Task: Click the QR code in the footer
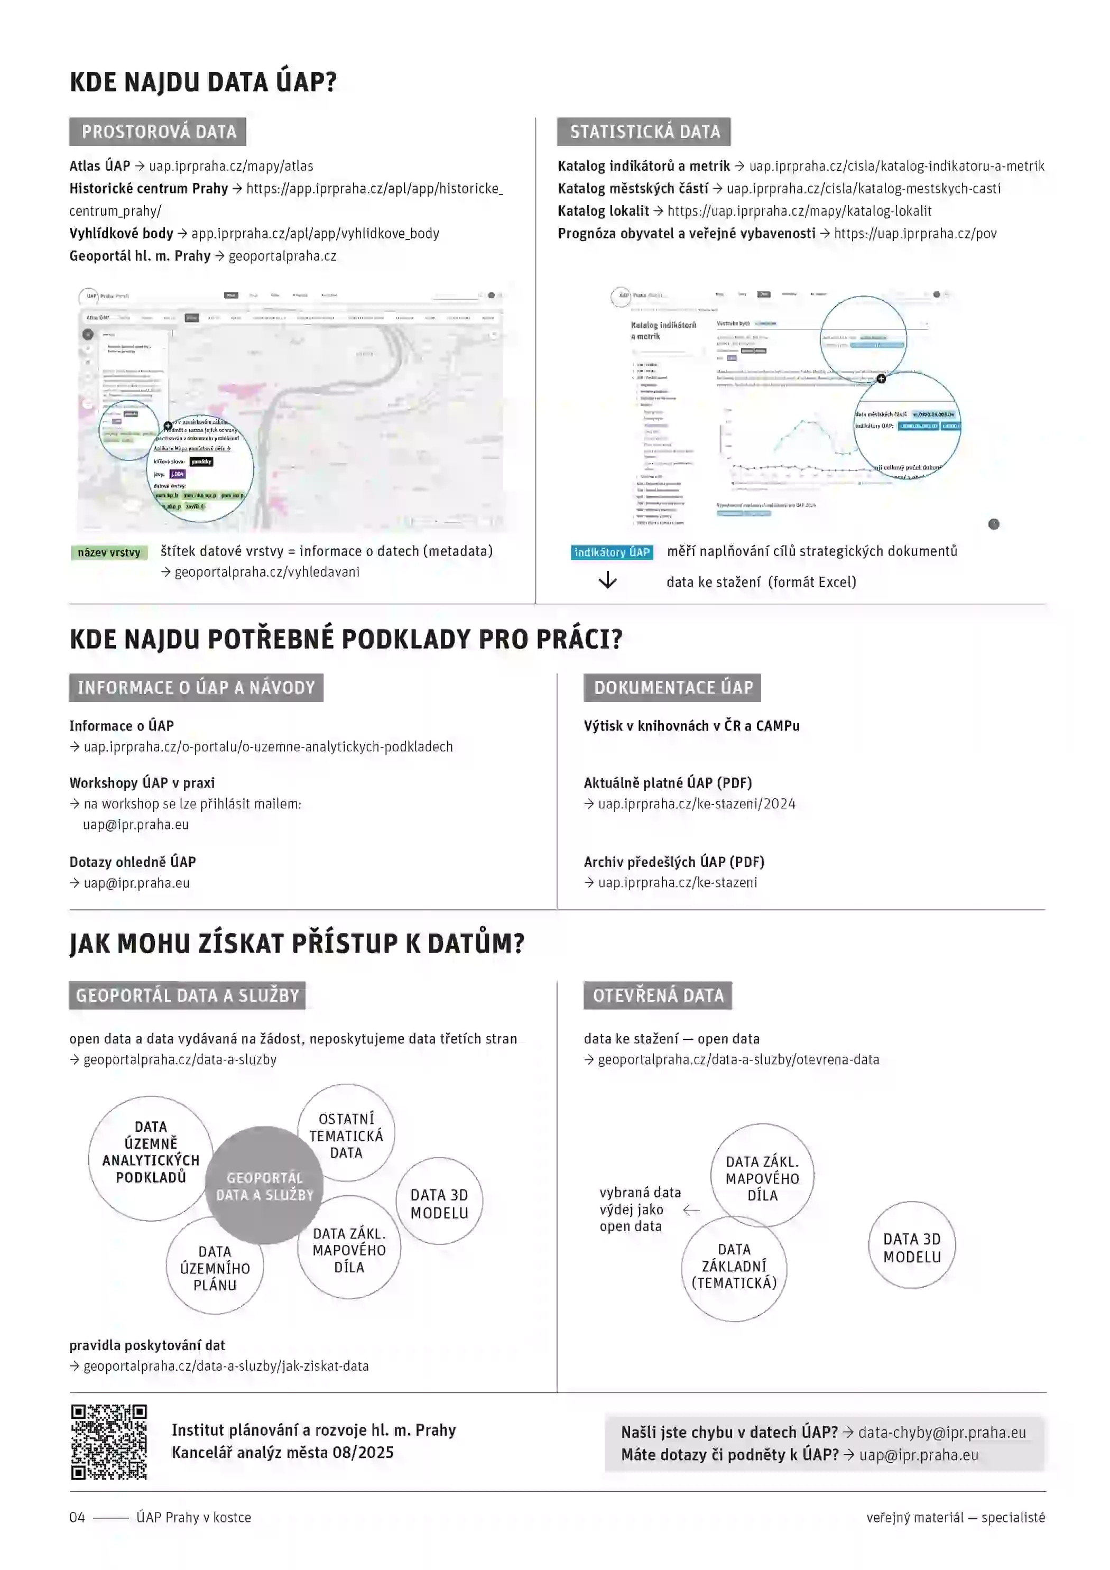tap(109, 1442)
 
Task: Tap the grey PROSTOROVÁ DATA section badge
tap(158, 131)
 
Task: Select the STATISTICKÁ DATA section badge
tap(644, 131)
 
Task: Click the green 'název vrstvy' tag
tap(109, 552)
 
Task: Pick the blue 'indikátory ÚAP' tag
tap(612, 552)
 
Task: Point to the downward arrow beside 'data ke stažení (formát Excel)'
tap(607, 580)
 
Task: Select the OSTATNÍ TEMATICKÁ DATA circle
tap(346, 1135)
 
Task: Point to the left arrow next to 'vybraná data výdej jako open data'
tap(691, 1209)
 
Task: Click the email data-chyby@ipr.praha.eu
tap(942, 1432)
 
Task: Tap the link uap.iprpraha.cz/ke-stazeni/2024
tap(696, 804)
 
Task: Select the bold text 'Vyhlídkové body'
tap(121, 233)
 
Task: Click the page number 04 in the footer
tap(77, 1517)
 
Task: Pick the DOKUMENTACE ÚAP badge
tap(672, 687)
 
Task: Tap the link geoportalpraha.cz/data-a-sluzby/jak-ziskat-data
tap(226, 1365)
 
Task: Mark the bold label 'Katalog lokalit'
tap(603, 210)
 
